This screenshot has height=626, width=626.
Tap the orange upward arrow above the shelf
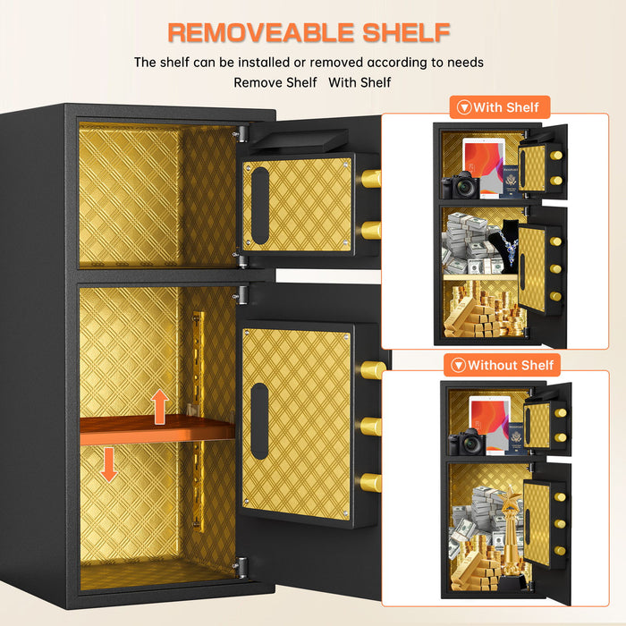click(159, 407)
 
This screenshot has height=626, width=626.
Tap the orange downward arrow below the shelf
click(108, 464)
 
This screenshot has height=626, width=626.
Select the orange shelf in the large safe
click(157, 432)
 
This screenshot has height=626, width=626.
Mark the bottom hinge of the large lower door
click(239, 567)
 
